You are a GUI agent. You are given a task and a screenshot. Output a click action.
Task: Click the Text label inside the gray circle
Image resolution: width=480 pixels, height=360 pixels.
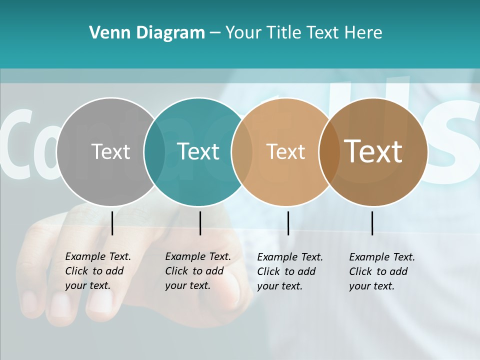point(110,151)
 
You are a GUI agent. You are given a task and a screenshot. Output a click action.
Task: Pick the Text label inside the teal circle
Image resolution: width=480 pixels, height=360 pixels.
point(198,151)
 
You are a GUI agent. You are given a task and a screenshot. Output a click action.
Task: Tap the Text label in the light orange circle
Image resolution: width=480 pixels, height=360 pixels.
point(285,152)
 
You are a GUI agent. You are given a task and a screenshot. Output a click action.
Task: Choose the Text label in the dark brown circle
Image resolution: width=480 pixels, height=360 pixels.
point(373,151)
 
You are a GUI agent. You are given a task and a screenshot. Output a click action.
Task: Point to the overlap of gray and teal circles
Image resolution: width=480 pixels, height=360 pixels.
point(154,152)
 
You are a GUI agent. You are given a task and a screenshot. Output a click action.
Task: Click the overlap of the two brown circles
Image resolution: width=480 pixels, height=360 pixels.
point(329,152)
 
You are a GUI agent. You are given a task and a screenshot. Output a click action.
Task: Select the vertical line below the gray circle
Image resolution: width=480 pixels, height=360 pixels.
point(112,223)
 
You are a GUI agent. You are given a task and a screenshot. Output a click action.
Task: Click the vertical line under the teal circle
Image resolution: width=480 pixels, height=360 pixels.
point(200,223)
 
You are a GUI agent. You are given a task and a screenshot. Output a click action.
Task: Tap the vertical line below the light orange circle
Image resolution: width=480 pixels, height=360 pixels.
point(288,223)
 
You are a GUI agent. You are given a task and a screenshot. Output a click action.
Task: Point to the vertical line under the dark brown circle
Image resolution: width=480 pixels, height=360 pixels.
point(372,223)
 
